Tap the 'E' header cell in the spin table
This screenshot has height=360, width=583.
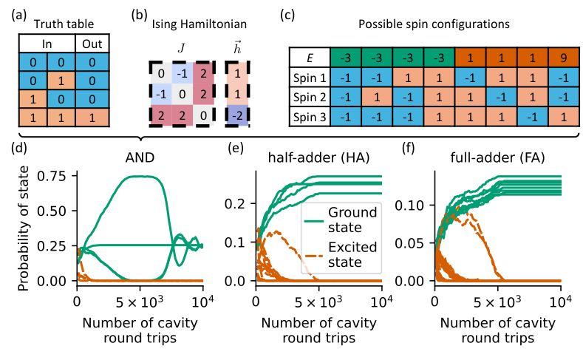point(309,57)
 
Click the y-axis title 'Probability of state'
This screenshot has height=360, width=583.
point(22,226)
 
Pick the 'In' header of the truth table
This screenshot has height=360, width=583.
point(47,44)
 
